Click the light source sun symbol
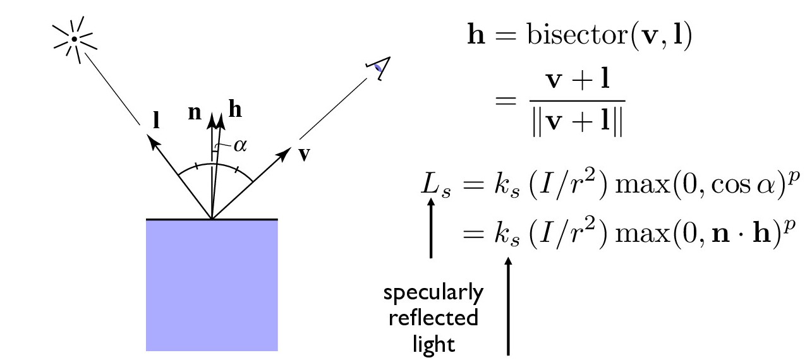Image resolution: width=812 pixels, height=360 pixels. (75, 39)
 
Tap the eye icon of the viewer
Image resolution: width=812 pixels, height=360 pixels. (379, 68)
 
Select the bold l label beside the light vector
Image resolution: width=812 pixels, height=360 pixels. (156, 120)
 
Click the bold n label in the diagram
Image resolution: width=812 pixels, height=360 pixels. (195, 112)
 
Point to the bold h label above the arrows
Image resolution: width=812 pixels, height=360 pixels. (235, 109)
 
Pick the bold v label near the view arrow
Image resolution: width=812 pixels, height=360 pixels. (305, 154)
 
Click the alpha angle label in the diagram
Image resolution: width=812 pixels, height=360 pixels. (240, 146)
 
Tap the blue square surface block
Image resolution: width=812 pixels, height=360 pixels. (212, 285)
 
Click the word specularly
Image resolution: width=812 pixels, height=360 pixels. (433, 293)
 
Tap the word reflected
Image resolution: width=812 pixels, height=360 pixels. (433, 318)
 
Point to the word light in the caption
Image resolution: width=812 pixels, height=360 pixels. (433, 344)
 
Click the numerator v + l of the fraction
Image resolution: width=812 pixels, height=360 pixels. (578, 80)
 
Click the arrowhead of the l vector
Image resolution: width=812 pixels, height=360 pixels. (153, 141)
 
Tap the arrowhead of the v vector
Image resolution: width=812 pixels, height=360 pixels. (284, 153)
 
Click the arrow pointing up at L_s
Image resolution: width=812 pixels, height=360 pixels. (431, 227)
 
